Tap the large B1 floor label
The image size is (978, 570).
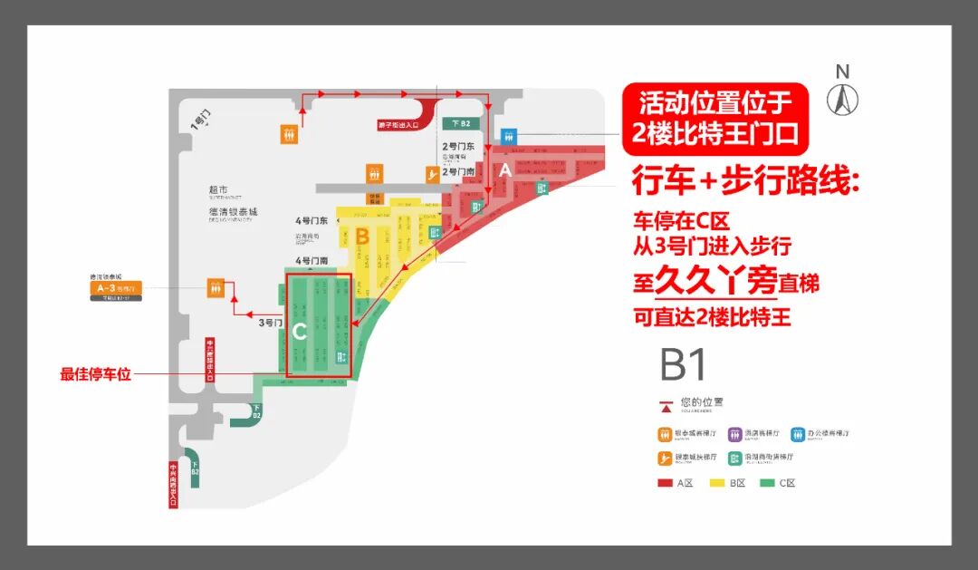[x=684, y=364]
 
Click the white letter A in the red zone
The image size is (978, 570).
[x=506, y=169]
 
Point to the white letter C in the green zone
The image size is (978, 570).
[x=300, y=332]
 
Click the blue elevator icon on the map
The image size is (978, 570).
[x=508, y=136]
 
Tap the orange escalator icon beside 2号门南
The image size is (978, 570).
[x=434, y=174]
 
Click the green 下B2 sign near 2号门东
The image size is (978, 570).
[x=461, y=123]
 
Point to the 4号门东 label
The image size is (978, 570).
[x=311, y=222]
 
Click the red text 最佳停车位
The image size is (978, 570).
[x=96, y=373]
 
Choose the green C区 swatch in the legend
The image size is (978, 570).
[x=767, y=483]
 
